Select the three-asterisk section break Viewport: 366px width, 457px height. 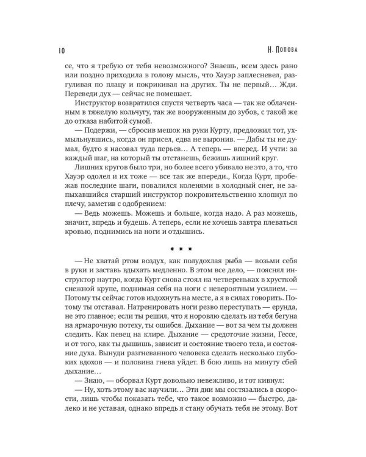click(181, 249)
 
